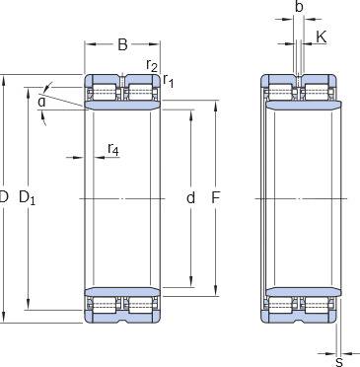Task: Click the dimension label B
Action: click(122, 44)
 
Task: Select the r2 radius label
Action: click(152, 65)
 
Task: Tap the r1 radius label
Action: click(168, 81)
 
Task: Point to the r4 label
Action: click(112, 149)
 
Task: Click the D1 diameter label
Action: click(27, 198)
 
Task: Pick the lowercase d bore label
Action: click(190, 198)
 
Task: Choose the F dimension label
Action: click(215, 198)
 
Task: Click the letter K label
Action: click(322, 37)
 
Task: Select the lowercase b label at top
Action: click(299, 7)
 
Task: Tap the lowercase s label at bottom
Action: click(339, 362)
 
